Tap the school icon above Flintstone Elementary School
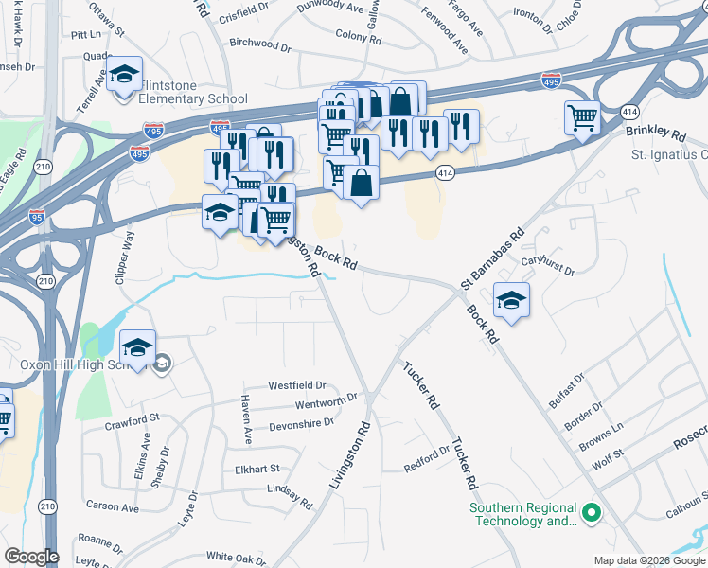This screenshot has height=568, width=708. (123, 76)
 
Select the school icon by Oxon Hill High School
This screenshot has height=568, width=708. (138, 347)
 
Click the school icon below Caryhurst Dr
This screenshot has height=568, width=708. (512, 300)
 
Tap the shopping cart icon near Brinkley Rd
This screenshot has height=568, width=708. (582, 118)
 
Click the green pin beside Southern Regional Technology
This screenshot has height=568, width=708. (593, 514)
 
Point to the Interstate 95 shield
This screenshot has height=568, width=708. (36, 216)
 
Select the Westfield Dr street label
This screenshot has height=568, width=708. (296, 385)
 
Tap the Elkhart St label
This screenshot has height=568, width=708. (257, 469)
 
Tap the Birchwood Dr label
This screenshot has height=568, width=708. (260, 44)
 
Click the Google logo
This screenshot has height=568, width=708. (31, 557)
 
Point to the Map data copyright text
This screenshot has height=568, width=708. (648, 560)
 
